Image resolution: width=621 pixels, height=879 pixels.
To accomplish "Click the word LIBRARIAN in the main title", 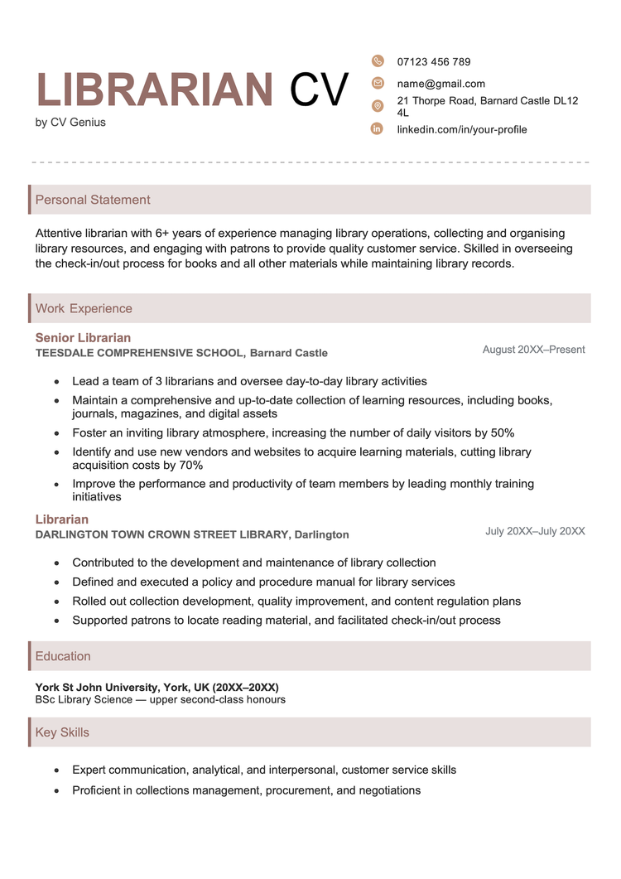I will (x=155, y=90).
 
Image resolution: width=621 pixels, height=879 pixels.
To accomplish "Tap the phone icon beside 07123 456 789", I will (x=378, y=60).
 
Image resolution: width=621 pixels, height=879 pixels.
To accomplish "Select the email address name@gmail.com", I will (x=440, y=84).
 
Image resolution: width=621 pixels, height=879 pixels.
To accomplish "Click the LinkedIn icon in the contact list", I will (x=378, y=128).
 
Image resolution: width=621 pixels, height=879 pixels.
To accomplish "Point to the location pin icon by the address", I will (x=378, y=106).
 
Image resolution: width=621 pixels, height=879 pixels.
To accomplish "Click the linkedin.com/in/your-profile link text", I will (x=461, y=129).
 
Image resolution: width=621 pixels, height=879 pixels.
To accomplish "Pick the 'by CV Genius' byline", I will (x=70, y=123).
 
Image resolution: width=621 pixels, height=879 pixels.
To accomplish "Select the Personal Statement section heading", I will (x=93, y=200).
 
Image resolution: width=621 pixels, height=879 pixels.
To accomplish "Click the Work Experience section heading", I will (x=84, y=308).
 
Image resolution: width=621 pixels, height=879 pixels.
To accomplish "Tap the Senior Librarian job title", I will (x=83, y=338).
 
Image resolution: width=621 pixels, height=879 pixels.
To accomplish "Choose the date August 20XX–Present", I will (x=533, y=350).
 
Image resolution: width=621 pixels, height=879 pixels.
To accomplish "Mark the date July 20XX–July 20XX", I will (x=535, y=531).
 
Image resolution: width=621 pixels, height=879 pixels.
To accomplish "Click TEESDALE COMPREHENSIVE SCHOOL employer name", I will (x=140, y=353).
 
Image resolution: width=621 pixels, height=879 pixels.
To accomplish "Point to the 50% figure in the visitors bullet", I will (x=502, y=432).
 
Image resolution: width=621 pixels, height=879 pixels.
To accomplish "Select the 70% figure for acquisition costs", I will (x=190, y=466).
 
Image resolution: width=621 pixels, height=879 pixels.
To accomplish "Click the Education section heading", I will (x=63, y=656).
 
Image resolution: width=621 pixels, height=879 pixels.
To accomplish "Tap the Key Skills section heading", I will (x=62, y=732).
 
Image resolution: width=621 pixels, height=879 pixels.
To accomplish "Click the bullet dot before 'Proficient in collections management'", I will (x=55, y=791).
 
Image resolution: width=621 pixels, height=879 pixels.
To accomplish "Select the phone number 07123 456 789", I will (x=433, y=61).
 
